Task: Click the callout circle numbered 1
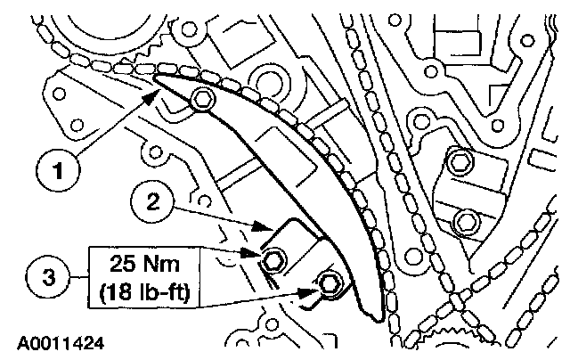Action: click(58, 170)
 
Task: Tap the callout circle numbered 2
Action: click(152, 201)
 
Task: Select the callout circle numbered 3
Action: click(47, 277)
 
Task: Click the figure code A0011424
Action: click(61, 343)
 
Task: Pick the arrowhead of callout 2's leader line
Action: click(263, 226)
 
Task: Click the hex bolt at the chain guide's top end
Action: click(202, 99)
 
